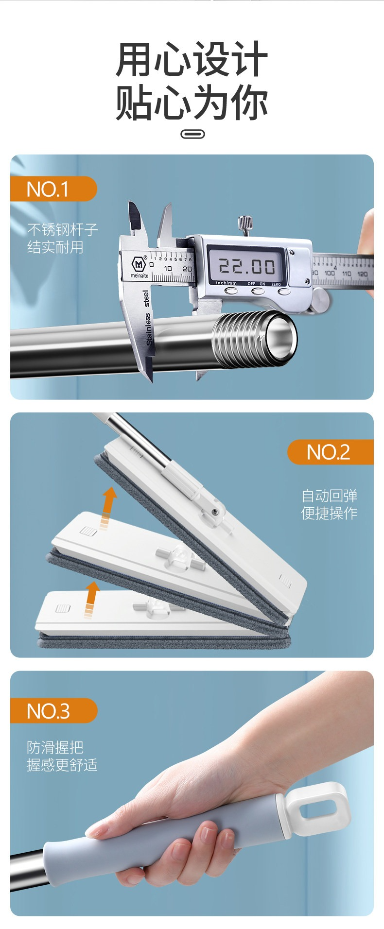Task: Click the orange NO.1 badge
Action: pyautogui.click(x=53, y=189)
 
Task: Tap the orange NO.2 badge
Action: pyautogui.click(x=331, y=452)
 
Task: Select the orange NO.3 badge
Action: pyautogui.click(x=53, y=710)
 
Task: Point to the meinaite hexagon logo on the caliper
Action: pyautogui.click(x=139, y=264)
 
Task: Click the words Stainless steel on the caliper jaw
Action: pyautogui.click(x=147, y=318)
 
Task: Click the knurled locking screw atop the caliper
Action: pyautogui.click(x=244, y=224)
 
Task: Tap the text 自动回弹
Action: pyautogui.click(x=330, y=496)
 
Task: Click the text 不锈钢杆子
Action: pyautogui.click(x=63, y=229)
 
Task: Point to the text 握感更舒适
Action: pyautogui.click(x=62, y=765)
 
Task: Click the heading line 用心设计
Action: pyautogui.click(x=192, y=59)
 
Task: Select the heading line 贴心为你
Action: pyautogui.click(x=192, y=103)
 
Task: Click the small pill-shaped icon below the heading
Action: pyautogui.click(x=192, y=134)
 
